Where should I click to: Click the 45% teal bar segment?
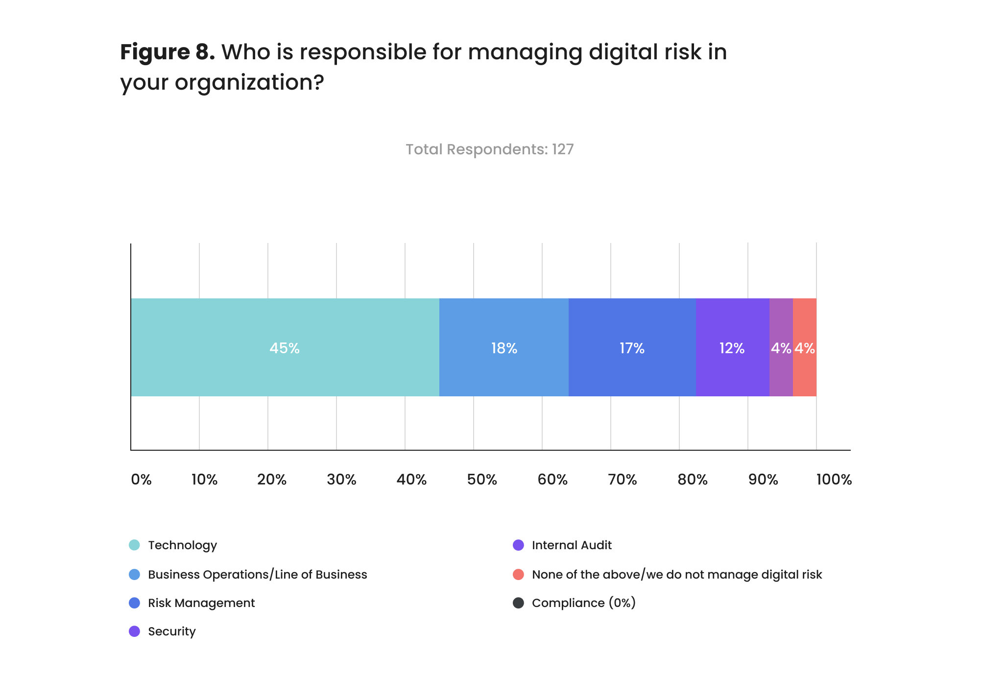click(285, 347)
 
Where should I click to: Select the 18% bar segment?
click(503, 347)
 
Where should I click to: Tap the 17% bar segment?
click(632, 347)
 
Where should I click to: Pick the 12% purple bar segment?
click(732, 347)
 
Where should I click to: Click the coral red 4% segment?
click(805, 347)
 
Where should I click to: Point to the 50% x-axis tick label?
click(482, 479)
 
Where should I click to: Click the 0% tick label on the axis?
click(141, 479)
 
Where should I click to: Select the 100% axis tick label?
click(834, 479)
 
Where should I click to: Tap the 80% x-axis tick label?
click(692, 479)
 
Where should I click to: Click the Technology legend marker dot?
click(134, 545)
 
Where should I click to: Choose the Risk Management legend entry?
click(201, 603)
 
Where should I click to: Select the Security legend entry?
click(171, 631)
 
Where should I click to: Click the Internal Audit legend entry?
click(571, 545)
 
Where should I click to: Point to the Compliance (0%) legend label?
click(583, 603)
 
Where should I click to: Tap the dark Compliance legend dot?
click(518, 603)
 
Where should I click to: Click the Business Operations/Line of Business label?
click(257, 574)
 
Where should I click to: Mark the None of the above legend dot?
click(518, 574)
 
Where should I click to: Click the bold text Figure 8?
click(167, 52)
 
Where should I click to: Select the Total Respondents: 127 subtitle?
click(489, 149)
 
